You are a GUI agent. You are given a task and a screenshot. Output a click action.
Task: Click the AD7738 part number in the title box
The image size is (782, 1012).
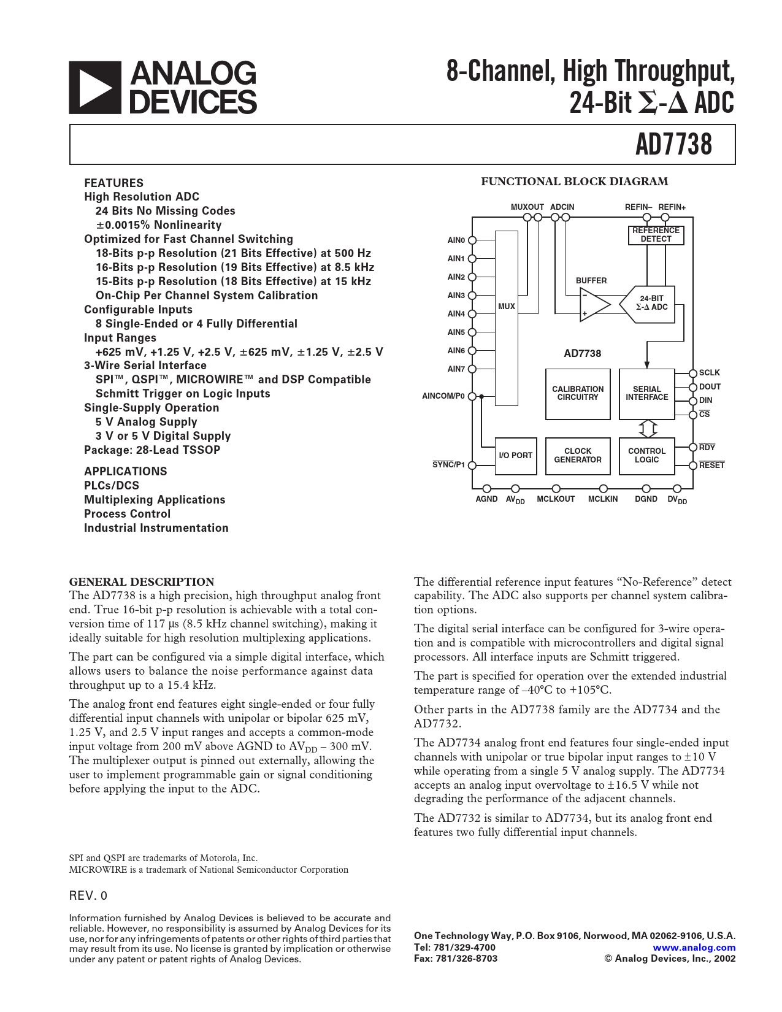(673, 145)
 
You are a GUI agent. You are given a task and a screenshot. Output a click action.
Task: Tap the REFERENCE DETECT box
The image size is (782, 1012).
(656, 235)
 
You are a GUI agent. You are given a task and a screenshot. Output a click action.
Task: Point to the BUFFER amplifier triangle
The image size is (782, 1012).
(594, 305)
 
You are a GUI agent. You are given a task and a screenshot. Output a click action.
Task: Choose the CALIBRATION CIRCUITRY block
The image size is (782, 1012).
(578, 394)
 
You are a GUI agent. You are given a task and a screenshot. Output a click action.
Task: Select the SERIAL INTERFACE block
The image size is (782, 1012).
(646, 394)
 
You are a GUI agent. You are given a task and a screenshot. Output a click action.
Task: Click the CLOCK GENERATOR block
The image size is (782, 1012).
(578, 456)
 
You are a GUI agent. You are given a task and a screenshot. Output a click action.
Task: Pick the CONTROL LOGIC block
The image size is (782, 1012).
(646, 456)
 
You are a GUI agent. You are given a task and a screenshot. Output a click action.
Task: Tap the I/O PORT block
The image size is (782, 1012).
(515, 456)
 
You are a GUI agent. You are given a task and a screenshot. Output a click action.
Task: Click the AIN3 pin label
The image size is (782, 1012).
(456, 296)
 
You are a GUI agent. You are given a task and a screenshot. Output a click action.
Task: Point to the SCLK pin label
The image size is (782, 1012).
(710, 373)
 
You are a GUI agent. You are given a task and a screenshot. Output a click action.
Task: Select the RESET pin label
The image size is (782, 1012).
(711, 466)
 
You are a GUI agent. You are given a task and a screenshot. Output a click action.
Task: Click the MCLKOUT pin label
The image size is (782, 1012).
(556, 499)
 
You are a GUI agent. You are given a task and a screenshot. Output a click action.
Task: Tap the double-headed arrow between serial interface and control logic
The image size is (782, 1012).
(648, 428)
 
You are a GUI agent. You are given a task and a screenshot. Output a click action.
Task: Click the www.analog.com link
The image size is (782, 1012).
(694, 948)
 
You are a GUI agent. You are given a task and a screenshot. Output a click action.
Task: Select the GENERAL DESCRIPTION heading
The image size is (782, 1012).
(142, 582)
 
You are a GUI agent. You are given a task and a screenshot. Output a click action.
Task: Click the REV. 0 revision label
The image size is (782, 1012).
(88, 895)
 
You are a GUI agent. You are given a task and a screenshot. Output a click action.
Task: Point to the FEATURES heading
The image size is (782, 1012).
(113, 183)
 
